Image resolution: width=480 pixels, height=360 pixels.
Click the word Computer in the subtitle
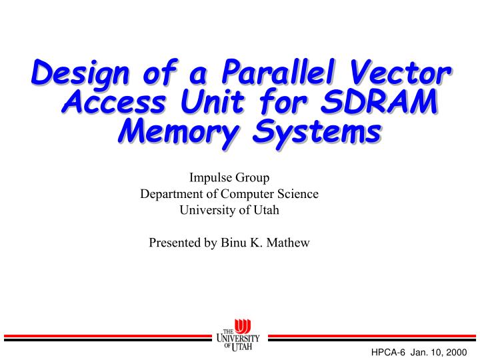[x=248, y=194]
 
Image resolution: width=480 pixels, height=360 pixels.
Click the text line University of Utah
[x=229, y=210]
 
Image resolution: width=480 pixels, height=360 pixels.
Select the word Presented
[x=173, y=243]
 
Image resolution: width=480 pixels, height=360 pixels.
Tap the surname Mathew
[x=288, y=243]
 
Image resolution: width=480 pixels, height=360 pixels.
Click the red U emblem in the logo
[x=243, y=327]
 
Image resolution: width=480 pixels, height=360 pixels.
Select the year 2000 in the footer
[x=458, y=351]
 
